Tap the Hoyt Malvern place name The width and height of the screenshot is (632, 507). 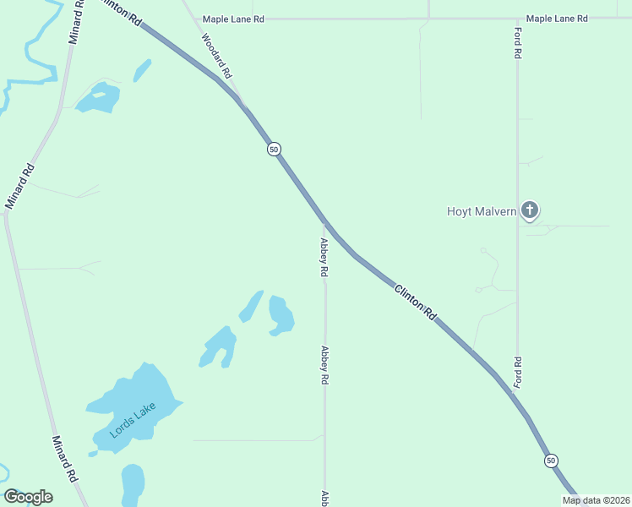482,211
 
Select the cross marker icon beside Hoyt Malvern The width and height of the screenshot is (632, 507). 530,210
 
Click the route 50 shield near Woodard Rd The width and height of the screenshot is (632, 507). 274,149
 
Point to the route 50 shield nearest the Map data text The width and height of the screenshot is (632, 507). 551,461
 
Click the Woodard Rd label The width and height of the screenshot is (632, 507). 216,56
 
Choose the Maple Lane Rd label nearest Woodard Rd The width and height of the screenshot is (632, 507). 234,18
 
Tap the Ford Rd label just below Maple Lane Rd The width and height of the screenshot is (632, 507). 518,42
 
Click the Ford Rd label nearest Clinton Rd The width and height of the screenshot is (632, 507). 518,373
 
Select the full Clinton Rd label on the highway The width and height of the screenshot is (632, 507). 416,302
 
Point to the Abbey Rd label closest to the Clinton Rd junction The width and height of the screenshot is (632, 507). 324,259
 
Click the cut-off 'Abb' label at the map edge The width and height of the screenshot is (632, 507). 324,499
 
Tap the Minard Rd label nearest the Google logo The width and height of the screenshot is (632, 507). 65,459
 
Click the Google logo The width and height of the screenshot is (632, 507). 28,497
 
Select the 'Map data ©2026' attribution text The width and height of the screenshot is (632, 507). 596,500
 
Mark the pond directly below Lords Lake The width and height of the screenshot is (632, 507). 133,485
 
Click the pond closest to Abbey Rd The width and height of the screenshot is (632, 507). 281,315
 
